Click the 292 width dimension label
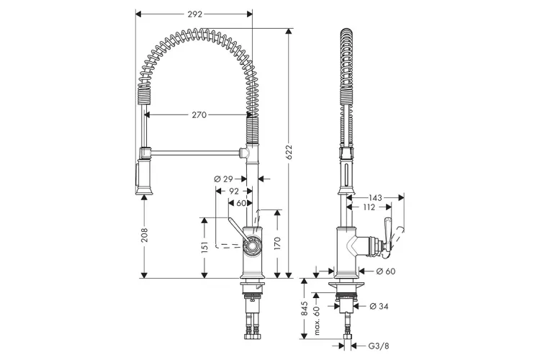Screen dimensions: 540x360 coord(194,14)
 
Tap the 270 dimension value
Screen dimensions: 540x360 coord(199,114)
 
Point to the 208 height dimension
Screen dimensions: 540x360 coord(145,235)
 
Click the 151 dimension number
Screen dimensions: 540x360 coord(204,248)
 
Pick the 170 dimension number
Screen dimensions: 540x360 coord(278,244)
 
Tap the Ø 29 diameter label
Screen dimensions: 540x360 coord(223,179)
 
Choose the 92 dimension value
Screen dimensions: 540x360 coord(234,192)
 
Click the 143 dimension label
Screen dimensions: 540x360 coord(375,198)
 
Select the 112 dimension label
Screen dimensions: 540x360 coord(369,207)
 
